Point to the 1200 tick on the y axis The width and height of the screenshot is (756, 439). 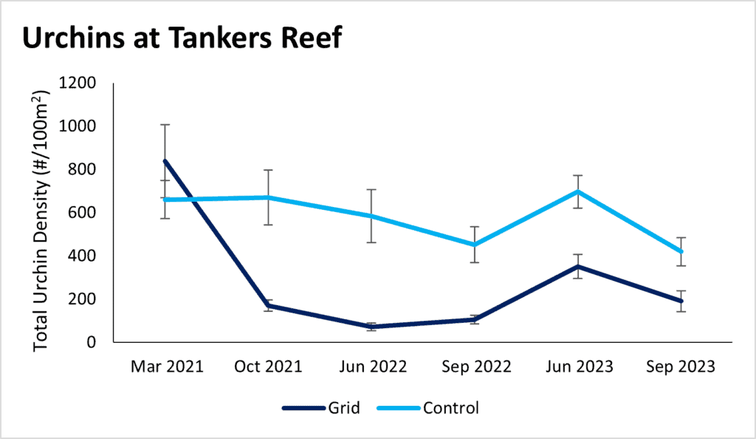77,83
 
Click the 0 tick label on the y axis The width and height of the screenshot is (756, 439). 92,342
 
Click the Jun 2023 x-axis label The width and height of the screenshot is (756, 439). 577,367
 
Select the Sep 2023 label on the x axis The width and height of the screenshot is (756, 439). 681,367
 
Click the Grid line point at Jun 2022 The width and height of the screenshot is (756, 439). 371,327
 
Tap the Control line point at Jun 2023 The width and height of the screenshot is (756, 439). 577,191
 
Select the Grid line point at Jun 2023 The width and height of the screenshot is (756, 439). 577,266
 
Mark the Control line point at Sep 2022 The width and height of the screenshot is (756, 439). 474,245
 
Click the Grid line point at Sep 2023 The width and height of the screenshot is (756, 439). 681,302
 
